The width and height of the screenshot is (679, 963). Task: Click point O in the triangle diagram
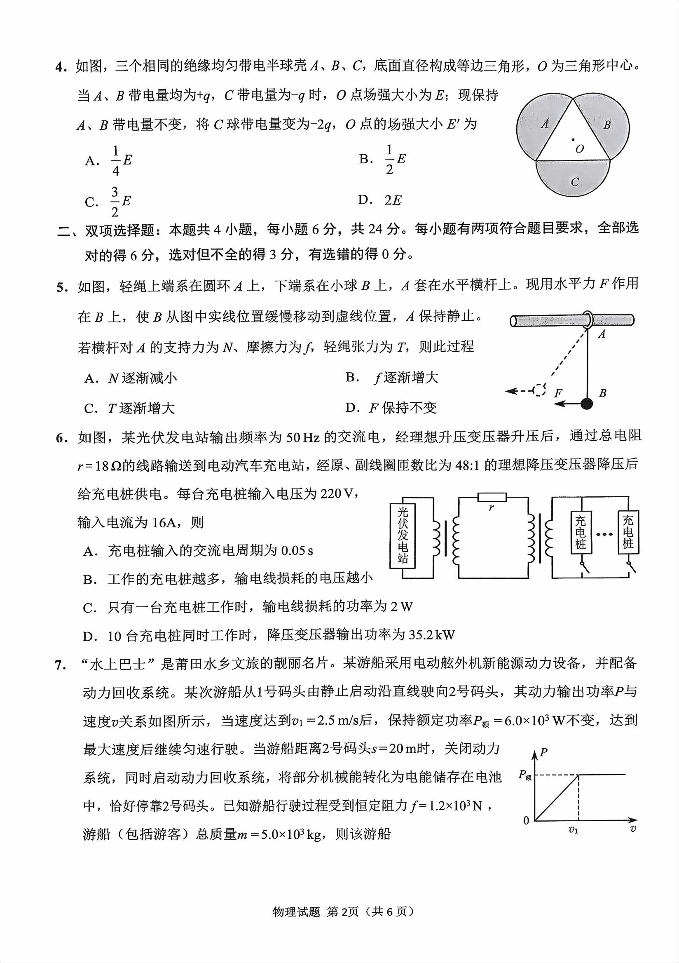click(x=573, y=140)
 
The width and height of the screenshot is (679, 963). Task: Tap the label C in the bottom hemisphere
click(x=575, y=182)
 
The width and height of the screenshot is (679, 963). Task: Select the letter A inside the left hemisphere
click(x=544, y=124)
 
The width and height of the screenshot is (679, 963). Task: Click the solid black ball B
click(x=586, y=404)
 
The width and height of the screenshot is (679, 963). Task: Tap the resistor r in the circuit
click(x=492, y=498)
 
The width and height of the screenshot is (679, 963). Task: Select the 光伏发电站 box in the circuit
click(x=403, y=535)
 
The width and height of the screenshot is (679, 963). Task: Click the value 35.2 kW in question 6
click(x=432, y=635)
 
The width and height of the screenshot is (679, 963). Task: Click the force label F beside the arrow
click(x=558, y=393)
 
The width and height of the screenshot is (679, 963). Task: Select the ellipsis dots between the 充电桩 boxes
click(x=604, y=534)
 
